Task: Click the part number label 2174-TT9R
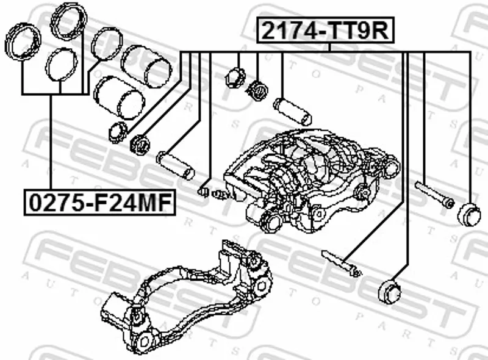(325, 31)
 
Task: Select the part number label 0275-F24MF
(99, 203)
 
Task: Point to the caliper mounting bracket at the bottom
(187, 296)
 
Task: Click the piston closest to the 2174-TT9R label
(146, 66)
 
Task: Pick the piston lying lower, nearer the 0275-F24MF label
(119, 98)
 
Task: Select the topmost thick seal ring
(69, 21)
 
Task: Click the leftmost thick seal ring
(23, 41)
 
